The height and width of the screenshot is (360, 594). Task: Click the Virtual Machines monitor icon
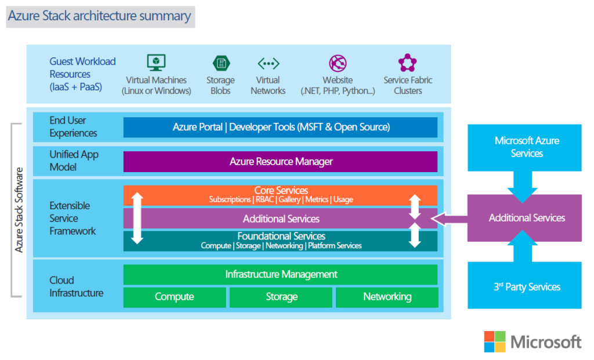156,63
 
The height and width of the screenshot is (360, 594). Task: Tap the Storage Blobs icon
220,63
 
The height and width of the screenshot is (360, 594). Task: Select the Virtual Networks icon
268,63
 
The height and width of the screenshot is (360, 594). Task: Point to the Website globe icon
338,63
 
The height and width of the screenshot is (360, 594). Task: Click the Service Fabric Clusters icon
407,63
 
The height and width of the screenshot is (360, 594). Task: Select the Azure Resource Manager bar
280,162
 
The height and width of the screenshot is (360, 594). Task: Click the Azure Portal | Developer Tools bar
280,127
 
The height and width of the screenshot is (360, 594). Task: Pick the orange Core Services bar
280,195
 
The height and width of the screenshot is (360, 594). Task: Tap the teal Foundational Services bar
280,241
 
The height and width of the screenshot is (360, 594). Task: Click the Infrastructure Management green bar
280,274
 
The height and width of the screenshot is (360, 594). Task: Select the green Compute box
174,297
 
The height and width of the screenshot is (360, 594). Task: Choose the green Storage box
281,297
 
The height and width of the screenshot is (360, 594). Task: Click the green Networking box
387,297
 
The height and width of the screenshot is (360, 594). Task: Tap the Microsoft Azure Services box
527,147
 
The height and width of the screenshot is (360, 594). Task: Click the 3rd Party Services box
527,286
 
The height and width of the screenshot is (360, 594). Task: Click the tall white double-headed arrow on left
137,218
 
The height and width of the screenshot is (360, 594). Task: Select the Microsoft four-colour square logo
494,341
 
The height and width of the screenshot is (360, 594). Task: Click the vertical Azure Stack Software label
19,210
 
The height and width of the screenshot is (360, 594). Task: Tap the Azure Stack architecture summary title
99,16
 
